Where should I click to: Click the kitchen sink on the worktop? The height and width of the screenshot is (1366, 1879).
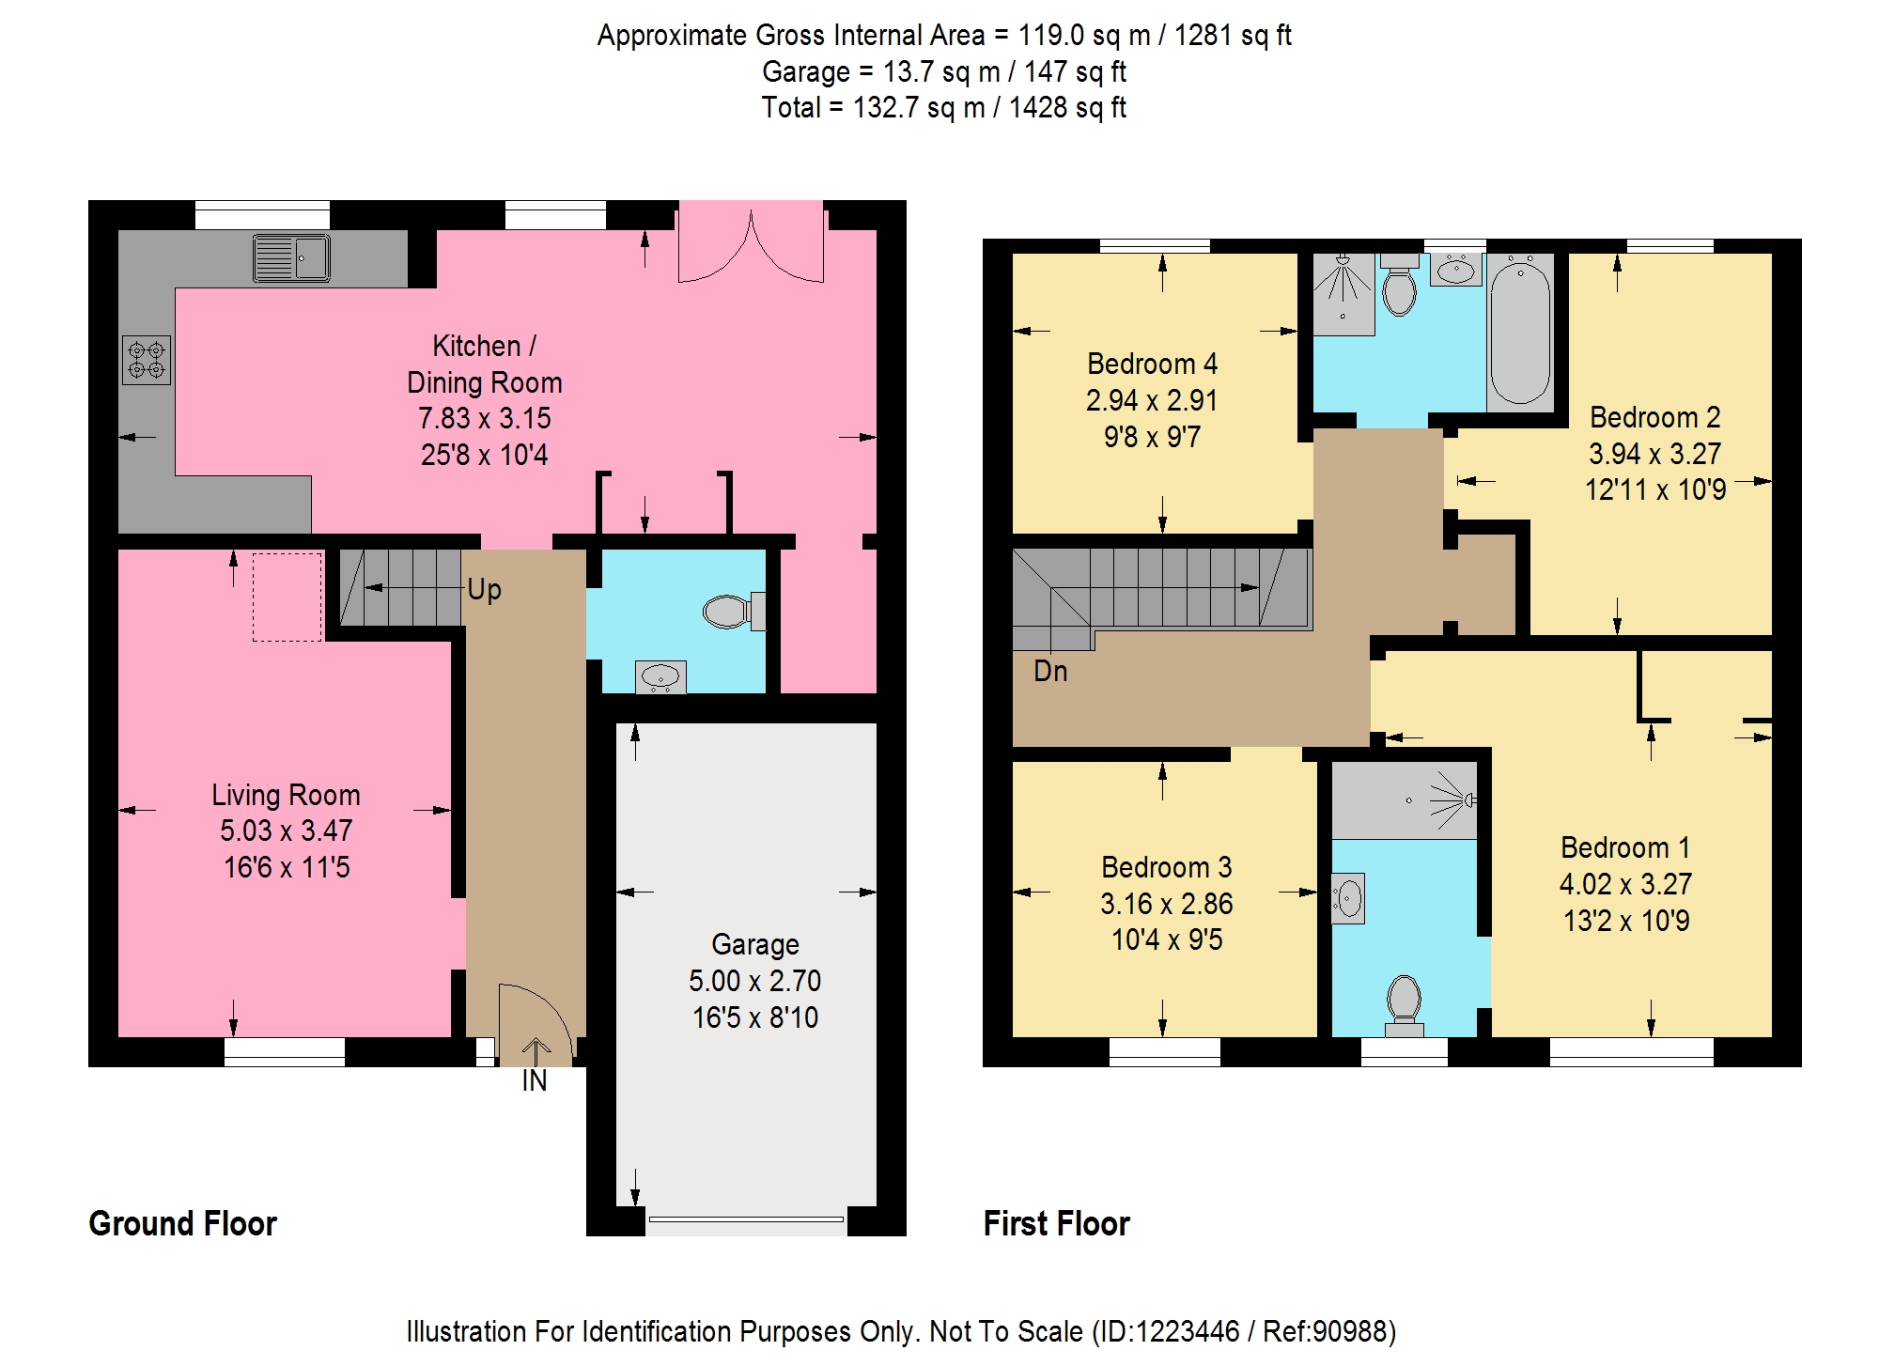[291, 258]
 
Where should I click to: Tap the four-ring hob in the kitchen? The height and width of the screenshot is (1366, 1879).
[147, 360]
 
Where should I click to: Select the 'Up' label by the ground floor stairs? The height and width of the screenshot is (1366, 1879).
[484, 590]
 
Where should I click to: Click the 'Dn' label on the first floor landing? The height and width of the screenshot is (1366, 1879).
[1050, 671]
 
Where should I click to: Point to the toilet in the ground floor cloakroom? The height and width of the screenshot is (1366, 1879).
[734, 612]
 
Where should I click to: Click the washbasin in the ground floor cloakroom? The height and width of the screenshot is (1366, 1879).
[660, 676]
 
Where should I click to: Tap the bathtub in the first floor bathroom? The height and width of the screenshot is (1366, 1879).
[1520, 333]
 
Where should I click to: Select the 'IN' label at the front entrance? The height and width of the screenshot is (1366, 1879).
[535, 1081]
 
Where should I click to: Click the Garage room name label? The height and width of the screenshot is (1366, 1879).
[755, 944]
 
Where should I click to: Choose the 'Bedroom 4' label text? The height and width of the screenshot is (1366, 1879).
[1152, 364]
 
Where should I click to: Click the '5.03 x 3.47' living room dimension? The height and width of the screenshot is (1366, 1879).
[287, 830]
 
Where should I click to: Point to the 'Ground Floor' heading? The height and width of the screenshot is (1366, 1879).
[183, 1223]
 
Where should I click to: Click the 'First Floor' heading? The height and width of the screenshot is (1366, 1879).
[1057, 1223]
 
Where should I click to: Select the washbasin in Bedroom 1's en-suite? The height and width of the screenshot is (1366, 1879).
[1348, 899]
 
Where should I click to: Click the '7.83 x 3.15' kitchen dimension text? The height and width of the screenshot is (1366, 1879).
[485, 418]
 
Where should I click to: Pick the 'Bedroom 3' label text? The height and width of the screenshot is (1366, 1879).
[1167, 867]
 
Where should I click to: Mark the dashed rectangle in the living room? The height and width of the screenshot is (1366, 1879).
[287, 598]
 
